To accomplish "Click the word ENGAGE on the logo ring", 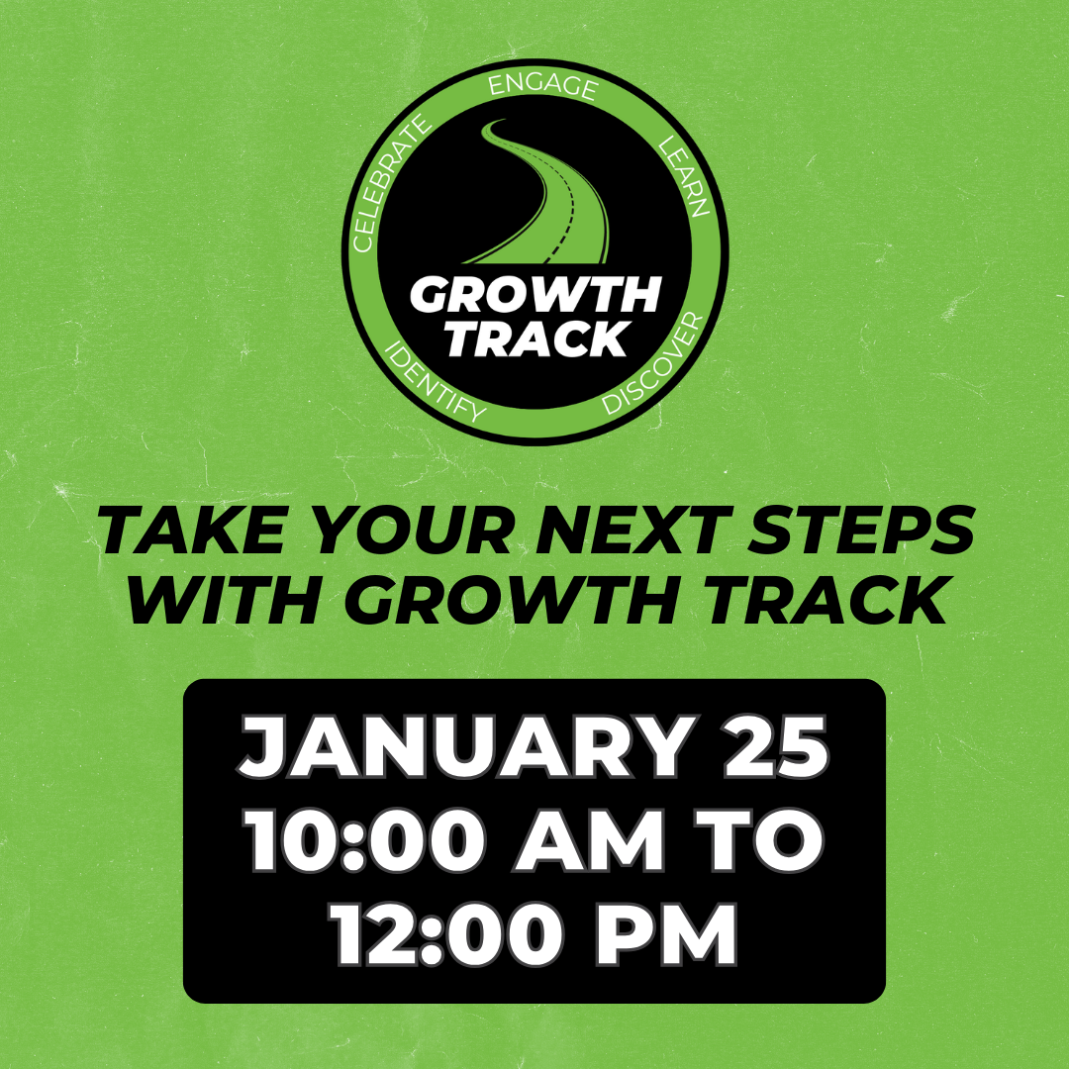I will pyautogui.click(x=542, y=86).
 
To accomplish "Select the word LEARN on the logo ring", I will pyautogui.click(x=685, y=177).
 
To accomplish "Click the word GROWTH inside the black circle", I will pyautogui.click(x=535, y=295).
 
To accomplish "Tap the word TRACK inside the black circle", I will pyautogui.click(x=535, y=340).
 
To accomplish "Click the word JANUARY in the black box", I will pyautogui.click(x=461, y=748).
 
